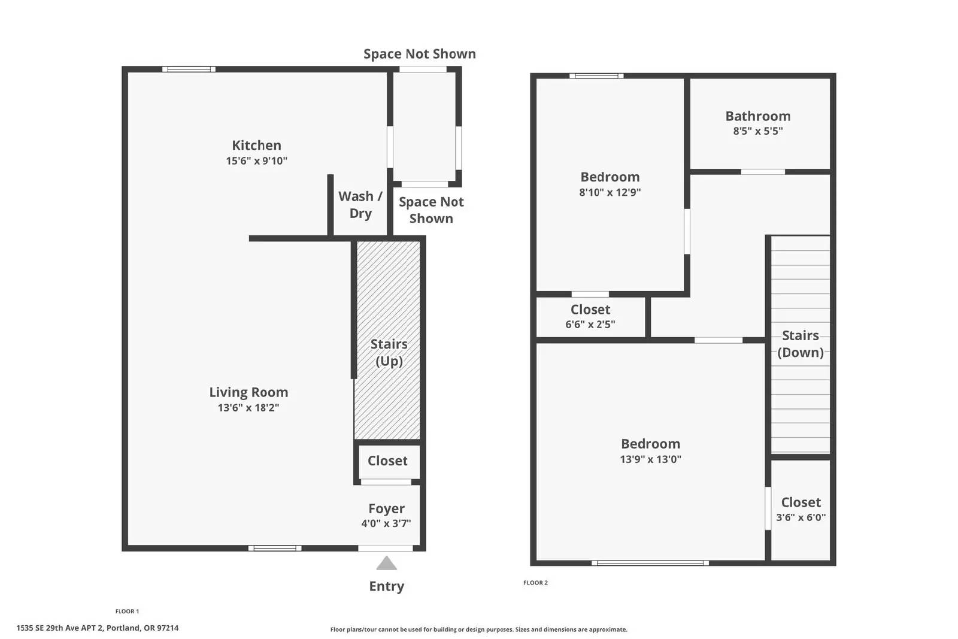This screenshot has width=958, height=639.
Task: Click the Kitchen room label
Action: pos(257,146)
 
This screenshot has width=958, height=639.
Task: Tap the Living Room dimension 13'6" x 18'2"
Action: pos(248,408)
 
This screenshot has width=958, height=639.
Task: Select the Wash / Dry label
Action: pos(360,205)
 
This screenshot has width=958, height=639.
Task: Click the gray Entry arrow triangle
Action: pos(387,563)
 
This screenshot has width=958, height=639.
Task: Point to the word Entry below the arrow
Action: pos(387,586)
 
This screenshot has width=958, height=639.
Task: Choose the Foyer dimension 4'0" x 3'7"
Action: pos(386,523)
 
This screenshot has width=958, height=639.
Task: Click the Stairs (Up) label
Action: pos(389,353)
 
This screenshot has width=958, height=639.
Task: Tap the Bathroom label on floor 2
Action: pos(758,116)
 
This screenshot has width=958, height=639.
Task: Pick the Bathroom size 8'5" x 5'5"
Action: pos(758,131)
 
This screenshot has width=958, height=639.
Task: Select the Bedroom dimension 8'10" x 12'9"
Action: pos(610,192)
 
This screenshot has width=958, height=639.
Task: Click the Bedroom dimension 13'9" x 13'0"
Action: pos(650,459)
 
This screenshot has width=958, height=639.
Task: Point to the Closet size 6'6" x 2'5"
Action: pos(590,325)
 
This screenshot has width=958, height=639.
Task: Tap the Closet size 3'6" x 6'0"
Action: pos(801,517)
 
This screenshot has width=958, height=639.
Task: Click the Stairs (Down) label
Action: pos(801,344)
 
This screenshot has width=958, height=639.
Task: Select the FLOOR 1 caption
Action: pos(127,611)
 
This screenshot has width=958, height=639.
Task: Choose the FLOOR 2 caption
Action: pos(535,583)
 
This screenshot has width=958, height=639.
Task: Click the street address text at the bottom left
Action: pos(98,628)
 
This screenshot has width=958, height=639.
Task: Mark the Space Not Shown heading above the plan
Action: pos(420,54)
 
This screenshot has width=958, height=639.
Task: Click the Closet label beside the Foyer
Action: pos(387,461)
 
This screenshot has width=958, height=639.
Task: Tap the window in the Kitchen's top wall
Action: pos(189,69)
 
